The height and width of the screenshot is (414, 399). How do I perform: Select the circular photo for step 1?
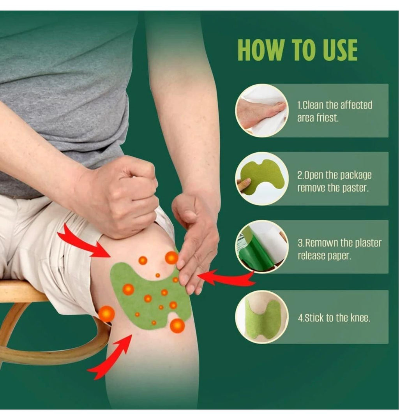[261, 110]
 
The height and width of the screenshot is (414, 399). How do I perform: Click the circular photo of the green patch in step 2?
[261, 178]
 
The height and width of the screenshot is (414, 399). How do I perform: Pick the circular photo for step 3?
[261, 247]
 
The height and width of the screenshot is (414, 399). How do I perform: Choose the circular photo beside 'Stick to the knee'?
[261, 317]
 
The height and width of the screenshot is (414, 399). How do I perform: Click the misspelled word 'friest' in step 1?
[326, 118]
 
